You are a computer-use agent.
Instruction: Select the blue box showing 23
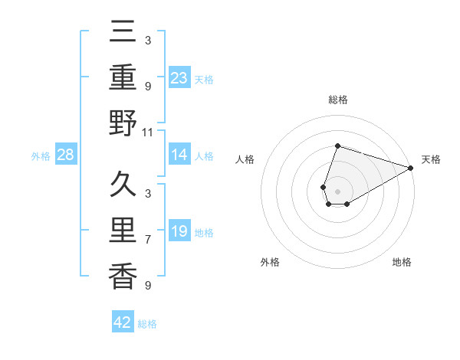(179, 77)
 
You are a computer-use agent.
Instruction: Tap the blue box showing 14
(179, 155)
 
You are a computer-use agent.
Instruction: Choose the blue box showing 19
(179, 232)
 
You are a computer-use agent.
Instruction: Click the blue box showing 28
(66, 155)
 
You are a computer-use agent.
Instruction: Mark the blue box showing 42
(123, 322)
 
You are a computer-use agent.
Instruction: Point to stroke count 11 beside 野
(147, 132)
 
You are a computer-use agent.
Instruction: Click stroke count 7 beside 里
(147, 240)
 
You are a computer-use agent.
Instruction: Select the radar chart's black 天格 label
(431, 159)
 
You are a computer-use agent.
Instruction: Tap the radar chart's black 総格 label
(337, 100)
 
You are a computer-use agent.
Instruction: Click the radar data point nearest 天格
(412, 168)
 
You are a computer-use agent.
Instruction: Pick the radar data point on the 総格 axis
(337, 146)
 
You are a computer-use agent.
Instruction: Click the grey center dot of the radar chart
(337, 191)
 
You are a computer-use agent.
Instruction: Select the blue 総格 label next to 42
(147, 324)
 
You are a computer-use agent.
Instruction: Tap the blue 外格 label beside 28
(41, 156)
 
